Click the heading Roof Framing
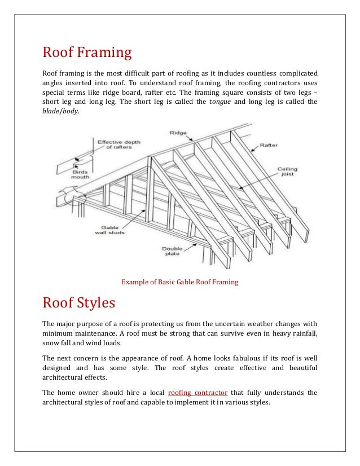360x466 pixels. pyautogui.click(x=87, y=54)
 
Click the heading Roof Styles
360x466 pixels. pyautogui.click(x=79, y=303)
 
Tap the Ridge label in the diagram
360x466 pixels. pyautogui.click(x=177, y=133)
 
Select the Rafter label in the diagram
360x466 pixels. pyautogui.click(x=269, y=145)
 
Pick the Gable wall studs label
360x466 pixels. pyautogui.click(x=113, y=228)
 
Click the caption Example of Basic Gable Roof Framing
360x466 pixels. pyautogui.click(x=180, y=282)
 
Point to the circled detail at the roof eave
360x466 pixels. pyautogui.click(x=74, y=198)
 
